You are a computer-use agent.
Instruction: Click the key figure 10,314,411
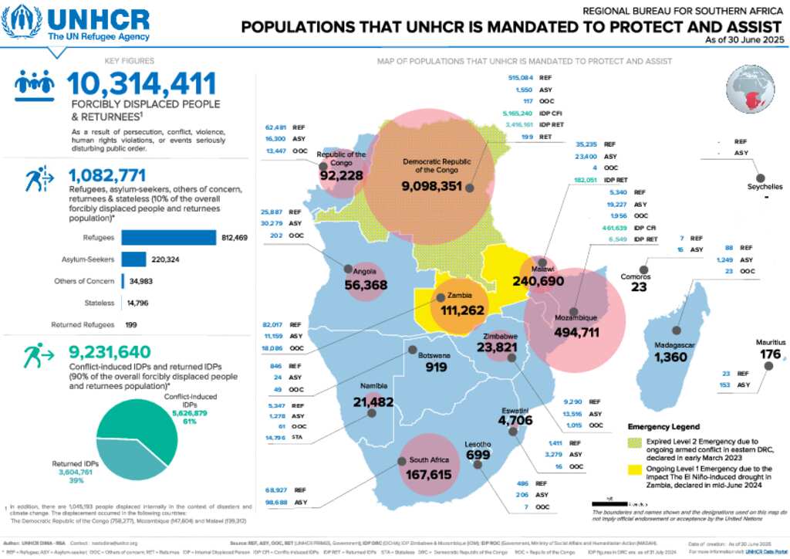141,84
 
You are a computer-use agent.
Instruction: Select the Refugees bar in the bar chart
169,237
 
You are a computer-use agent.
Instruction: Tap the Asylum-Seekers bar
133,259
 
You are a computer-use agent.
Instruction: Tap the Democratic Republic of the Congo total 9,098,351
431,185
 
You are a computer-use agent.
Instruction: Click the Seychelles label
765,186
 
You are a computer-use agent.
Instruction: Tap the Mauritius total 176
770,354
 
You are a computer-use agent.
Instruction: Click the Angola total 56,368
366,286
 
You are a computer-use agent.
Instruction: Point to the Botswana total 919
436,368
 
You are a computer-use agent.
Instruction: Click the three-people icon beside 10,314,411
35,86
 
